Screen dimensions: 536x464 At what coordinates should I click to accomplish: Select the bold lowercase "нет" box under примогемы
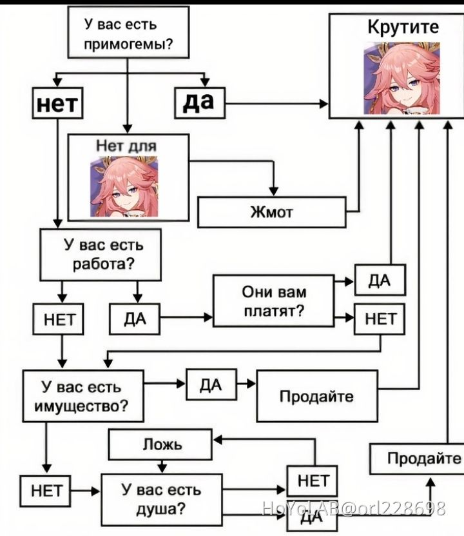tap(59, 103)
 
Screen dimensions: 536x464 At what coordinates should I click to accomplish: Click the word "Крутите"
tap(403, 27)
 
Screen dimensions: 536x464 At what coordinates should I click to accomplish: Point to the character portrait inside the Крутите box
tap(401, 77)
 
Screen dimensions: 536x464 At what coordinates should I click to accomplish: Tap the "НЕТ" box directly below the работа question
tap(59, 319)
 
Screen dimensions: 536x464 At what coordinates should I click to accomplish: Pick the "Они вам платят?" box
tap(274, 301)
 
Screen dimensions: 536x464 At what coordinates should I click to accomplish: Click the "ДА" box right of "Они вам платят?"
tap(380, 281)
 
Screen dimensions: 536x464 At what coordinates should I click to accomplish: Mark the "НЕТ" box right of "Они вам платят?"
tap(380, 318)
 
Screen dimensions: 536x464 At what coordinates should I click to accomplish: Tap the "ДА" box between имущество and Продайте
tap(211, 385)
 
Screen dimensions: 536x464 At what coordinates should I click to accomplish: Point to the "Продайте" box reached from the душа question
tap(416, 459)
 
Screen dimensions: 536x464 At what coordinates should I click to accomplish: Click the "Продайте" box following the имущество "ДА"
tap(316, 396)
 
